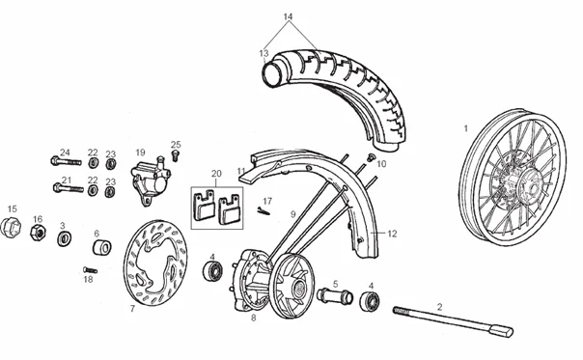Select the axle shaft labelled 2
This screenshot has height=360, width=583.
tap(453, 321)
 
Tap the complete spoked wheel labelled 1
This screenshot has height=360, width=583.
tap(513, 177)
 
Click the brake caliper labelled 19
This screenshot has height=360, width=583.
tap(151, 180)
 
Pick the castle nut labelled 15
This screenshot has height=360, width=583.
tap(11, 227)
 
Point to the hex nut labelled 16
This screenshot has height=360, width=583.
tap(38, 233)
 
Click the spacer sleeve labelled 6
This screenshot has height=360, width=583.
tap(101, 248)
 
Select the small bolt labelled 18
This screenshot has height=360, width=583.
tap(90, 270)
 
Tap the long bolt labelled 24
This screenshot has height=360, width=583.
tap(66, 161)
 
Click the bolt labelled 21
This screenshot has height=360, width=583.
tap(69, 188)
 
